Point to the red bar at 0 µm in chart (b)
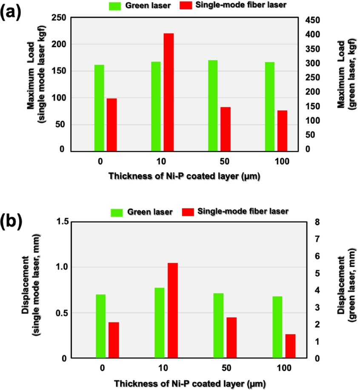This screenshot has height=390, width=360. [x=114, y=340]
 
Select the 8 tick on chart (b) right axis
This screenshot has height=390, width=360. [x=315, y=222]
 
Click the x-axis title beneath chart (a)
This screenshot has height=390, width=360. [x=184, y=176]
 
